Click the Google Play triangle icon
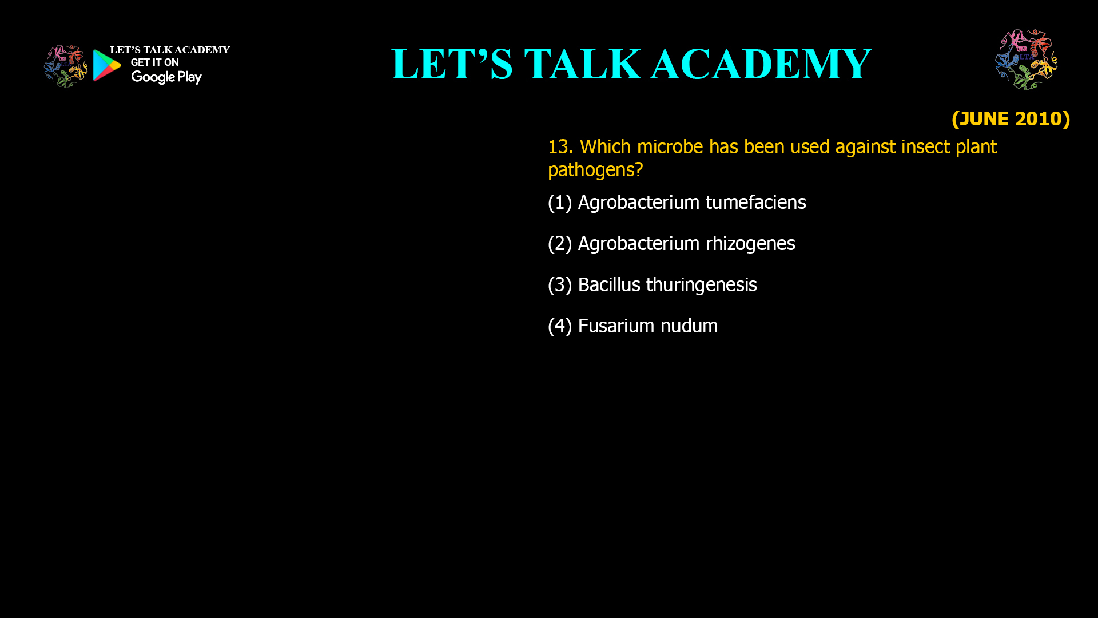click(107, 65)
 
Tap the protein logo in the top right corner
click(1026, 60)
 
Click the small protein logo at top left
click(66, 66)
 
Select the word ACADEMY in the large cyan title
click(761, 64)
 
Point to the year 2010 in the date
click(1038, 118)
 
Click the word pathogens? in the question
click(595, 170)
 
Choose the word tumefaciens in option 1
click(755, 203)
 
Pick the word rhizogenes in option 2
click(750, 244)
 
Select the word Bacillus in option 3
click(609, 285)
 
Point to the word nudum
click(689, 326)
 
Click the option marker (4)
click(560, 326)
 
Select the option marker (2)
click(560, 244)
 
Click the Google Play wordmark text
click(166, 77)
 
